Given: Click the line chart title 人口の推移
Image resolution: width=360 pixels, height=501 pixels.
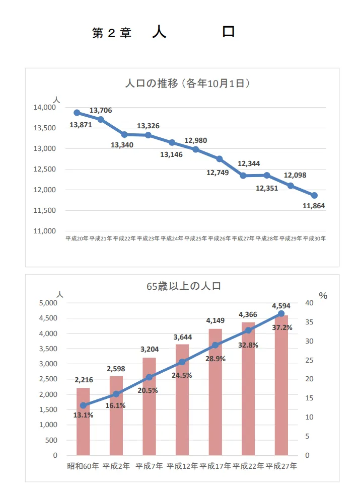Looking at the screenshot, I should pyautogui.click(x=188, y=83).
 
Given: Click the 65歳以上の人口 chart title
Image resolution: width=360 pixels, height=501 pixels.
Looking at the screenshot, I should pyautogui.click(x=184, y=286).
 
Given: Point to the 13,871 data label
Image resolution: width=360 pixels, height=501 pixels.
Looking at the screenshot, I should pyautogui.click(x=81, y=125).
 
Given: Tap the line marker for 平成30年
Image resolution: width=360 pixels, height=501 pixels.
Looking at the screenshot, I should pyautogui.click(x=314, y=195).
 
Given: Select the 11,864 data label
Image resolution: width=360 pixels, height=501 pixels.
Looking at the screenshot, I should pyautogui.click(x=314, y=206).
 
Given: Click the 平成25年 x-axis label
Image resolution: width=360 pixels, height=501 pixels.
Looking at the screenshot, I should pyautogui.click(x=195, y=239).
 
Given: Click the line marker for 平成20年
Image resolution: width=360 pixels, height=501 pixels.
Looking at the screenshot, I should pyautogui.click(x=77, y=113).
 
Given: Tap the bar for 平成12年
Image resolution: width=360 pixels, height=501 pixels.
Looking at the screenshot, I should pyautogui.click(x=182, y=400).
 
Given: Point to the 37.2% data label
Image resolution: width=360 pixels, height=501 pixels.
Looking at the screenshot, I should pyautogui.click(x=282, y=327).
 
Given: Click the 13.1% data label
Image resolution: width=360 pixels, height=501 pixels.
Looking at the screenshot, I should pyautogui.click(x=83, y=415).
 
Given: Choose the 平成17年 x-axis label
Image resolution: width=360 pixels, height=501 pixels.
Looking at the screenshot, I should pyautogui.click(x=215, y=466).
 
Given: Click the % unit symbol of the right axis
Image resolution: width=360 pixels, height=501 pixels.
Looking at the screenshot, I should pyautogui.click(x=323, y=296).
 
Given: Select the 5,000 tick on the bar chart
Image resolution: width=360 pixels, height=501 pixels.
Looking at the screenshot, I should pyautogui.click(x=48, y=303).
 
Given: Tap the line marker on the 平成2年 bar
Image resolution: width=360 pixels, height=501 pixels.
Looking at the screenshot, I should pyautogui.click(x=116, y=394).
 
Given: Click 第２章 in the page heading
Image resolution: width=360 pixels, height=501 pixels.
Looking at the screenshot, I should pyautogui.click(x=111, y=33).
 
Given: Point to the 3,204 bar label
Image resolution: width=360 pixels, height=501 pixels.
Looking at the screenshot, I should pyautogui.click(x=149, y=349).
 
